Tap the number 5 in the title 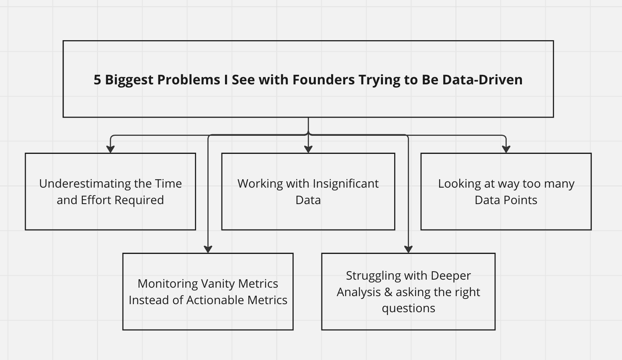(x=97, y=80)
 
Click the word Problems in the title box (x=188, y=80)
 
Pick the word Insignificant (x=346, y=184)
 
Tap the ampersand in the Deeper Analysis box (x=388, y=292)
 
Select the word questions (x=408, y=309)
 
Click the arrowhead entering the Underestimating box (x=110, y=149)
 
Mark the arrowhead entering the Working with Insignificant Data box (x=308, y=149)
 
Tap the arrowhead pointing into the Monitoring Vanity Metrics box (x=208, y=249)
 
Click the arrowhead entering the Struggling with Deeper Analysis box (x=408, y=249)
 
